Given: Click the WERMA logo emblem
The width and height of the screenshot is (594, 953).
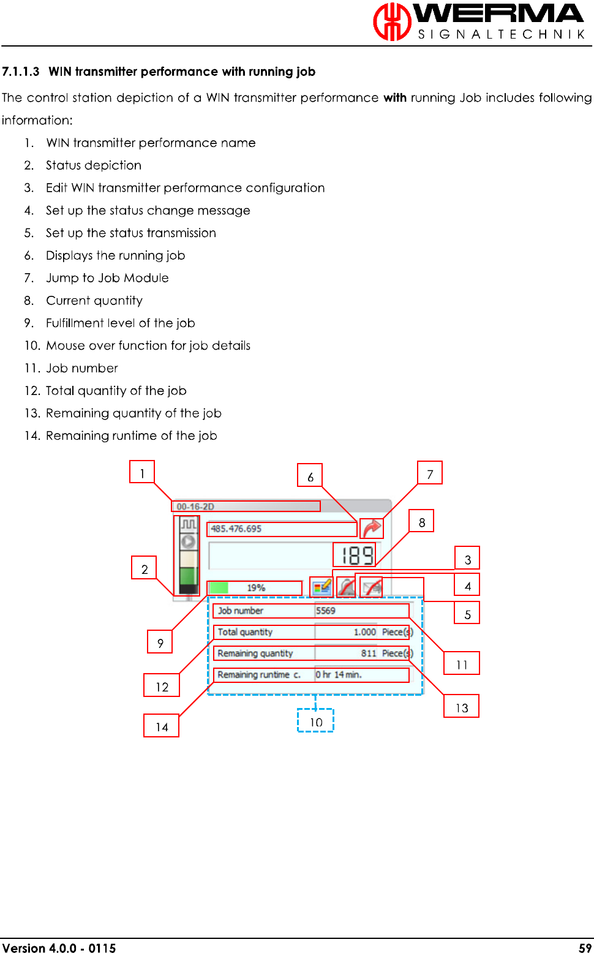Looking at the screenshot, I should [x=392, y=22].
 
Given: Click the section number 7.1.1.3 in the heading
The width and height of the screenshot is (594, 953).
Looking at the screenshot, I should [x=21, y=72].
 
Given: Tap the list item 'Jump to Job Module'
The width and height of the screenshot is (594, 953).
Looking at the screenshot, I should [x=107, y=278].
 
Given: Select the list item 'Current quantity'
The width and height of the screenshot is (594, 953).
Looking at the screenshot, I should [x=94, y=301].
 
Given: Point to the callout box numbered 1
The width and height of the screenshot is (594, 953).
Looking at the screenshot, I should [x=142, y=472].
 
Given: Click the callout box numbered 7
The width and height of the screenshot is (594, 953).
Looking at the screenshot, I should [x=430, y=473].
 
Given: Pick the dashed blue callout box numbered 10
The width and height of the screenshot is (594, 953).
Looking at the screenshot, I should [x=315, y=721].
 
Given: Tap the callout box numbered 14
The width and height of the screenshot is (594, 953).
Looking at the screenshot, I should [x=162, y=726].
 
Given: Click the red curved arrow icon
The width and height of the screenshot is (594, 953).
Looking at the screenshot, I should [x=372, y=528].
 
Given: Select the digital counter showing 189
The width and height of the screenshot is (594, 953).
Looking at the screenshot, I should [x=357, y=556].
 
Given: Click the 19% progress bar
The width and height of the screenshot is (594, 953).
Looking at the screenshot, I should [x=255, y=588].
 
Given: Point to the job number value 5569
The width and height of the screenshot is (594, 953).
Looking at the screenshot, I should [x=326, y=611].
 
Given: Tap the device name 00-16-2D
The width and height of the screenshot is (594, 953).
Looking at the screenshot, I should [x=196, y=507].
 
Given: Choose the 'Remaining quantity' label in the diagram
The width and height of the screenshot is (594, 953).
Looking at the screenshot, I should [x=255, y=654].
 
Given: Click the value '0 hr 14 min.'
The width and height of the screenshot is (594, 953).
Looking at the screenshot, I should [x=339, y=675].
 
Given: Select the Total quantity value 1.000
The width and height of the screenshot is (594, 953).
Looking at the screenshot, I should [x=364, y=632].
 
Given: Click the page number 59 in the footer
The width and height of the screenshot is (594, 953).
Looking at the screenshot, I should [x=585, y=947].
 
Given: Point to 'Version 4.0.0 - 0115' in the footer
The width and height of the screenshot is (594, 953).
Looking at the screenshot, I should [x=59, y=947].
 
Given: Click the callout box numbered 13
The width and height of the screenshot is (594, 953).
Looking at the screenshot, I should [x=462, y=707].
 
